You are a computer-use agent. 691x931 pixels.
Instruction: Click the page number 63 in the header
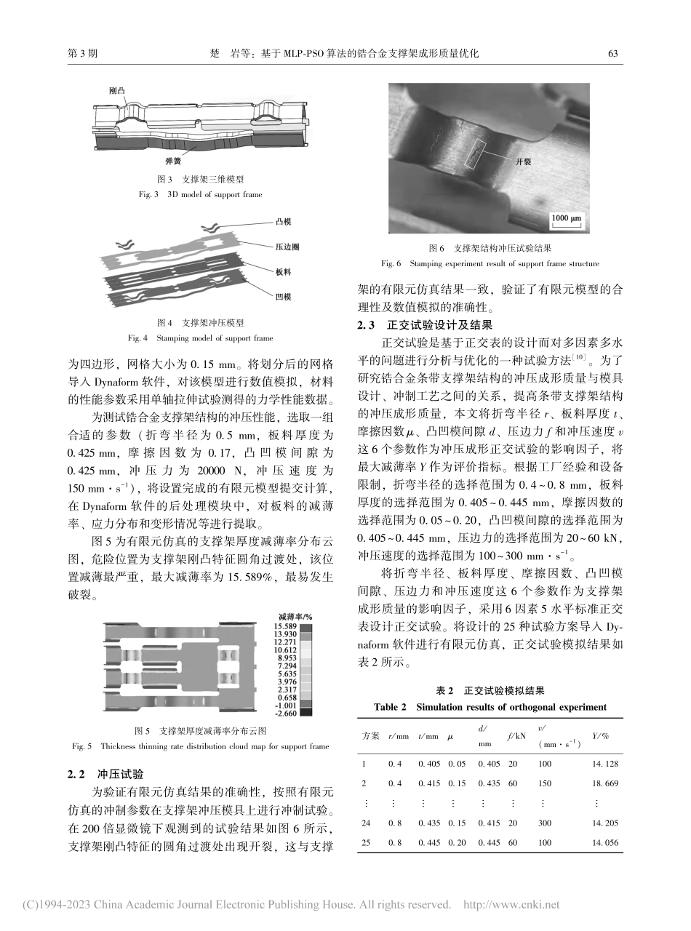tap(612, 53)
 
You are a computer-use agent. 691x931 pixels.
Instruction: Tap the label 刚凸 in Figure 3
tap(116, 91)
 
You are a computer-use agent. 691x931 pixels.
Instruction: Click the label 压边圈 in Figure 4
tap(289, 247)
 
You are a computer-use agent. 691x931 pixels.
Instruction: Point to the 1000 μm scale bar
tap(564, 217)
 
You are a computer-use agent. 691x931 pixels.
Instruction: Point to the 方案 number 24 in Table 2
tap(366, 823)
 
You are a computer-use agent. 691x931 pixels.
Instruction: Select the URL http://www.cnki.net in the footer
tap(511, 905)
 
